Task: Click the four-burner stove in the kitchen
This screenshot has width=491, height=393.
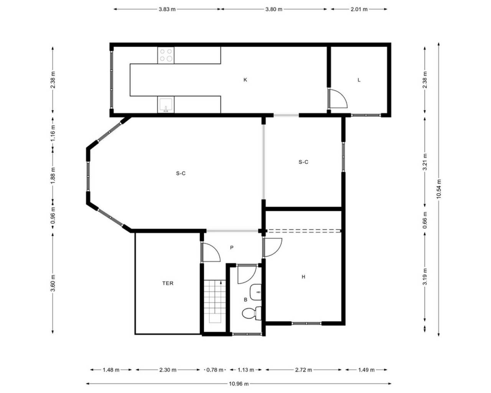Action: [x=166, y=55]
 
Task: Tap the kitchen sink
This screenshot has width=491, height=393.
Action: [x=166, y=105]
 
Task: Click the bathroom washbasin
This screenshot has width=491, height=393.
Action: [x=256, y=292]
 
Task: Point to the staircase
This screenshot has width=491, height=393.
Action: [x=215, y=302]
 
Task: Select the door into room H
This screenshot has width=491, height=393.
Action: [x=272, y=248]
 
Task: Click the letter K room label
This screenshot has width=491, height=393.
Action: [x=245, y=80]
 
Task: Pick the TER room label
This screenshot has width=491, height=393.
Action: [x=168, y=283]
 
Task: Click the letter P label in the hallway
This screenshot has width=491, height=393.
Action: [x=232, y=248]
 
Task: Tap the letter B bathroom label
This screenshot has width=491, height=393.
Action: [x=246, y=300]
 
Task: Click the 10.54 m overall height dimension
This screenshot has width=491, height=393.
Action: [x=439, y=189]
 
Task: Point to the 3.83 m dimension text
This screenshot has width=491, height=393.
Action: [x=167, y=9]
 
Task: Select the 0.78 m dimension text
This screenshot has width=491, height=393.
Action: [x=215, y=370]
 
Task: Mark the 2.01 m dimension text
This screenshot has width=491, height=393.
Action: [x=359, y=9]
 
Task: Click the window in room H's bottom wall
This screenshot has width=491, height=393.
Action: [x=306, y=324]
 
